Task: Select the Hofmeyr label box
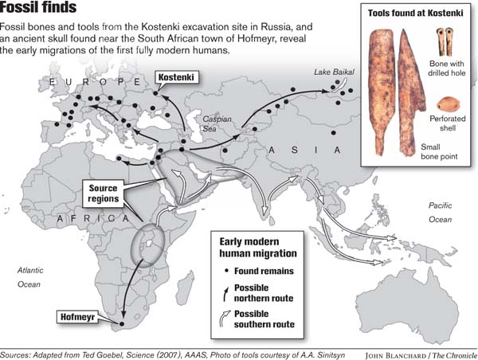(82, 318)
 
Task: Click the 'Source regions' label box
(104, 194)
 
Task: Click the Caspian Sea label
(217, 123)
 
